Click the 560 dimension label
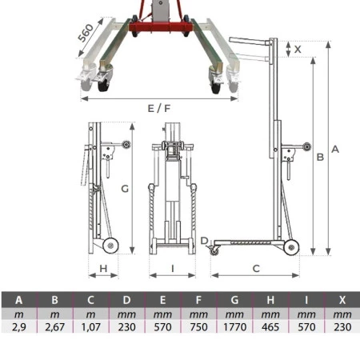pyautogui.click(x=86, y=33)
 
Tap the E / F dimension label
pyautogui.click(x=159, y=109)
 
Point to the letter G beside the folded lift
pyautogui.click(x=125, y=189)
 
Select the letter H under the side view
pyautogui.click(x=103, y=268)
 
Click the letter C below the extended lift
pyautogui.click(x=256, y=269)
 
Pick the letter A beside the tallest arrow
pyautogui.click(x=335, y=149)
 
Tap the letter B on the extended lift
pyautogui.click(x=320, y=157)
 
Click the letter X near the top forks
pyautogui.click(x=298, y=50)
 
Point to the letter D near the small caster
pyautogui.click(x=204, y=241)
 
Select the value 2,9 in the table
pyautogui.click(x=19, y=327)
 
